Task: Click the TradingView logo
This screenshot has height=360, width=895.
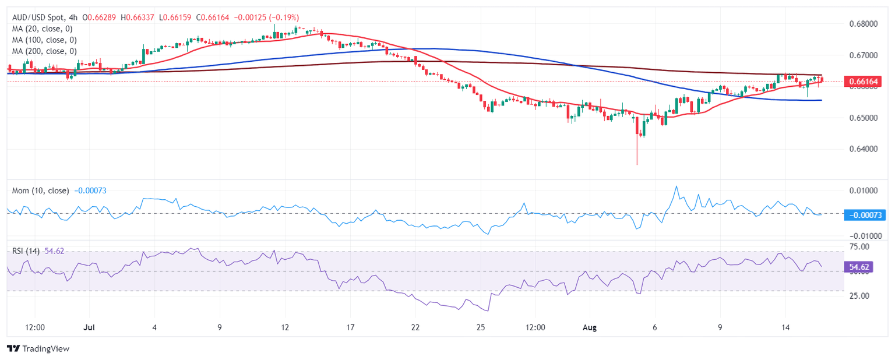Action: pyautogui.click(x=38, y=348)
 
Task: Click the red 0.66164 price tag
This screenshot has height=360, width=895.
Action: pyautogui.click(x=864, y=82)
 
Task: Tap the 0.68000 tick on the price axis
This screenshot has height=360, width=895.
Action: pyautogui.click(x=862, y=24)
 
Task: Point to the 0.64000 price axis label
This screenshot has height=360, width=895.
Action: pyautogui.click(x=862, y=149)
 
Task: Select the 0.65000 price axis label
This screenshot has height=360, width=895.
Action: pyautogui.click(x=862, y=118)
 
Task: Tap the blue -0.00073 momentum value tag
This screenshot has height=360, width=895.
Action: pyautogui.click(x=865, y=215)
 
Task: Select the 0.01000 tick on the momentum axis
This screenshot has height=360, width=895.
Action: pyautogui.click(x=862, y=190)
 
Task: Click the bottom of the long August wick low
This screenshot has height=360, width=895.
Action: pyautogui.click(x=637, y=164)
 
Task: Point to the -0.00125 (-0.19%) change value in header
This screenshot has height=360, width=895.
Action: pyautogui.click(x=267, y=17)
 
